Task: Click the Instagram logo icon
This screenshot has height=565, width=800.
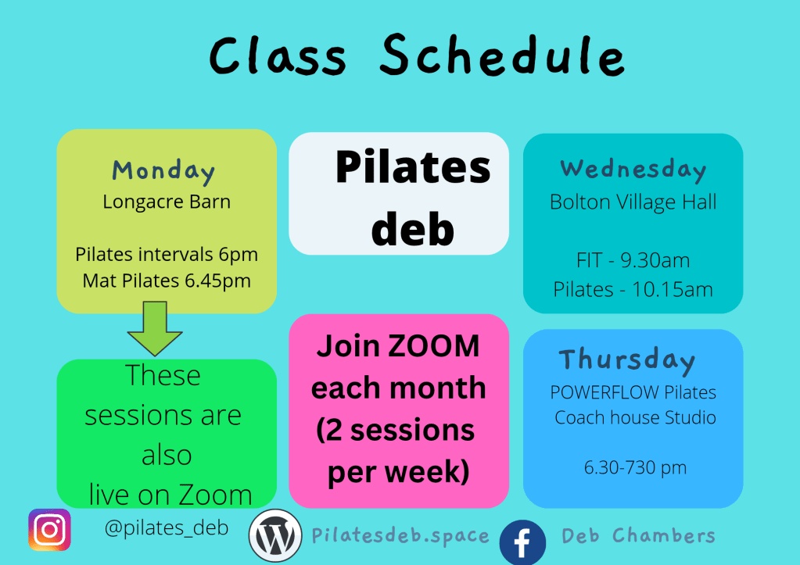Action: click(x=49, y=530)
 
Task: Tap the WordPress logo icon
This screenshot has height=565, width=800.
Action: click(x=275, y=535)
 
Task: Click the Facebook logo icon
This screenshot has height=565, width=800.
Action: click(x=522, y=542)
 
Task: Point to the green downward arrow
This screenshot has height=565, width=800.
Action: click(x=155, y=328)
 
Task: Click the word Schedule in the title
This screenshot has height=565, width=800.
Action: click(x=503, y=55)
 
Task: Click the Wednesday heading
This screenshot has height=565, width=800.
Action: click(x=633, y=170)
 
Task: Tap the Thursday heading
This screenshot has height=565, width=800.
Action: click(x=627, y=360)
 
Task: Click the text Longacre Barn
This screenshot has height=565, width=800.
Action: click(x=167, y=202)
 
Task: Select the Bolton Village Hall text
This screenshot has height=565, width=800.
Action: click(x=633, y=202)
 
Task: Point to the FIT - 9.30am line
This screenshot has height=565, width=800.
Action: click(x=633, y=260)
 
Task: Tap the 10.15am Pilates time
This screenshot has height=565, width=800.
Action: click(x=673, y=290)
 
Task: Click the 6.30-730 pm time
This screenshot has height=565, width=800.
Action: click(x=635, y=467)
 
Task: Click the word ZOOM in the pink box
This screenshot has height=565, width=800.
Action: click(x=434, y=346)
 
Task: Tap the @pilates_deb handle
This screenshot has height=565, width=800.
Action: click(x=167, y=527)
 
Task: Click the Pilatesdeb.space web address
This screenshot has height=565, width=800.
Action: click(x=400, y=536)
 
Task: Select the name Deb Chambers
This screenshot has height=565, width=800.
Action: click(x=638, y=535)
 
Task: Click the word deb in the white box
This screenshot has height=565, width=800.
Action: click(x=412, y=230)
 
